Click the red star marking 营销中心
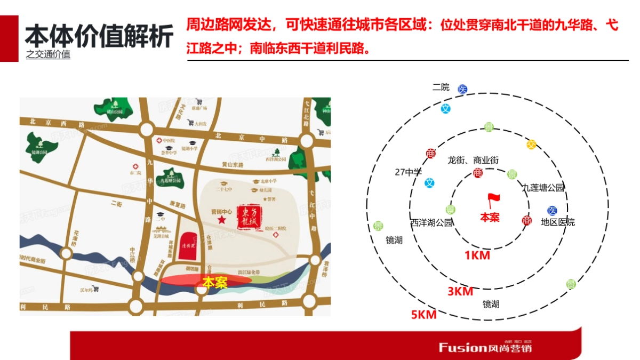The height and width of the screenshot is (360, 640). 221,220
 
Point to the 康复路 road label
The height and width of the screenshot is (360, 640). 177,205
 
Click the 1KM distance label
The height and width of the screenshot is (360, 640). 477,255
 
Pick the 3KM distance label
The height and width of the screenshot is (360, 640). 460,292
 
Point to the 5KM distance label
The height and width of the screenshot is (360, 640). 423,315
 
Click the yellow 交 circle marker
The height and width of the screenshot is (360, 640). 531,145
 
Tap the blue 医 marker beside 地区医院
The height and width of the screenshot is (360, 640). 552,211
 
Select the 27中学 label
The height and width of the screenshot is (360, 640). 408,172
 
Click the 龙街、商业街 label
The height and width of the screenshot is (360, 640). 473,160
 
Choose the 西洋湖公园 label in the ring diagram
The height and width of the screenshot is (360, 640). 431,222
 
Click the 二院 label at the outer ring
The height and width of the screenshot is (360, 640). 441,87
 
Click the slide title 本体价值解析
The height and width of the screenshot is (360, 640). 99,37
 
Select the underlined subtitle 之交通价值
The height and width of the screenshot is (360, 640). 48,54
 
